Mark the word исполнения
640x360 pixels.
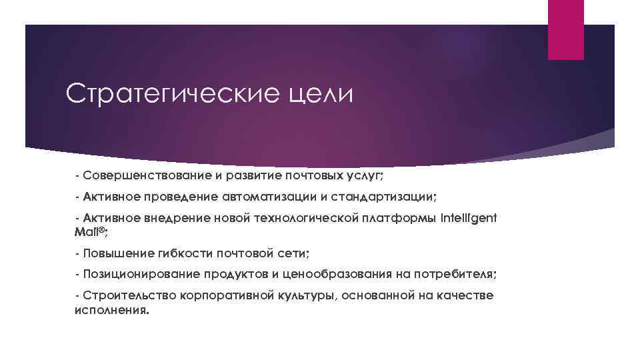(x=111, y=309)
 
